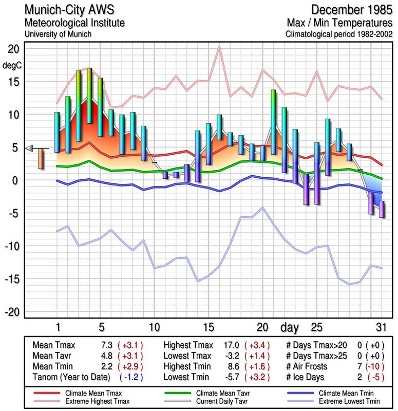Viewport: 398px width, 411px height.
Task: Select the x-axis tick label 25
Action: [316, 326]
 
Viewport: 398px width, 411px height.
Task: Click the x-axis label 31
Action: [381, 326]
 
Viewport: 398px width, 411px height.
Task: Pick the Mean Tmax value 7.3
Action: [107, 345]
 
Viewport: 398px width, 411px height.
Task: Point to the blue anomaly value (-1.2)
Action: [130, 377]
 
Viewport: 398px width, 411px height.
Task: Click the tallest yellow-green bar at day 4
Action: [89, 95]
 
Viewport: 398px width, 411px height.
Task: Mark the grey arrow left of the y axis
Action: [29, 148]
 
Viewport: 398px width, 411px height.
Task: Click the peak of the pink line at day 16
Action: [219, 47]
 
